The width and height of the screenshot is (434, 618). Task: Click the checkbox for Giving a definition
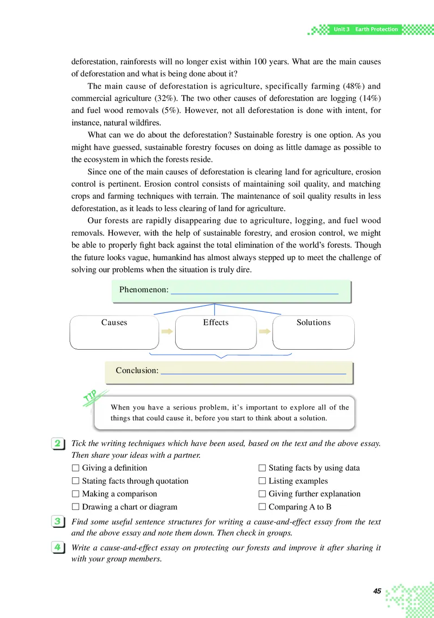pyautogui.click(x=76, y=468)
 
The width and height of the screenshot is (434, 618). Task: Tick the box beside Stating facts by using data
pyautogui.click(x=263, y=468)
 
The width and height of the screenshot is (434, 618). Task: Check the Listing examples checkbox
pyautogui.click(x=263, y=481)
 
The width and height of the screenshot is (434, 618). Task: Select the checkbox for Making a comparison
pyautogui.click(x=76, y=494)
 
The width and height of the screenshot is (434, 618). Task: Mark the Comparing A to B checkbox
pyautogui.click(x=263, y=507)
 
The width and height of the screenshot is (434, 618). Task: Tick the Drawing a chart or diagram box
pyautogui.click(x=76, y=507)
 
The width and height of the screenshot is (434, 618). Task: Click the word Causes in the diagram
pyautogui.click(x=114, y=323)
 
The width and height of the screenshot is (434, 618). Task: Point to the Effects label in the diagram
pyautogui.click(x=216, y=323)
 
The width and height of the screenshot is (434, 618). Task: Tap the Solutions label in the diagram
pyautogui.click(x=314, y=323)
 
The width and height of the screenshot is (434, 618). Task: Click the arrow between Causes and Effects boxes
pyautogui.click(x=167, y=331)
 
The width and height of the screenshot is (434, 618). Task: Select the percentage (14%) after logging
pyautogui.click(x=368, y=99)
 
